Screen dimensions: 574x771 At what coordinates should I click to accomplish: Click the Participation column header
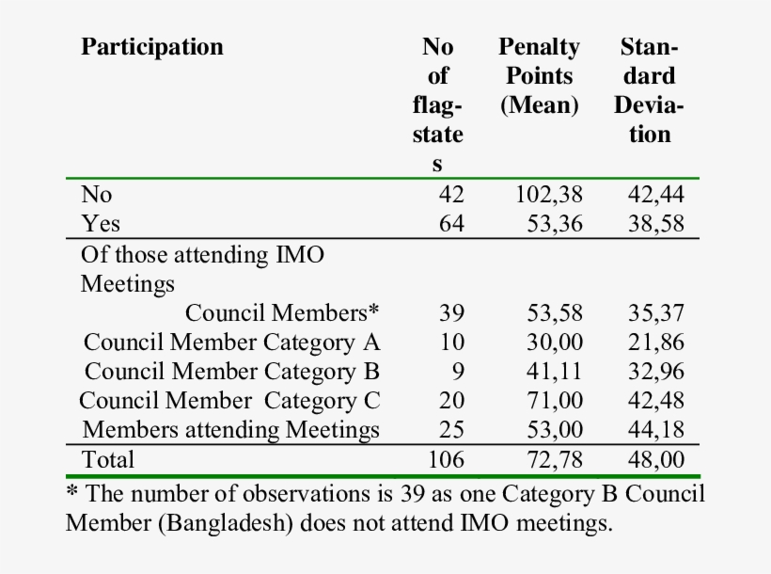click(152, 47)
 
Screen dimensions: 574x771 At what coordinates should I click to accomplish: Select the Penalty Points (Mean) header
click(540, 75)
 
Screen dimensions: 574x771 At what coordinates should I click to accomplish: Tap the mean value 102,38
click(549, 195)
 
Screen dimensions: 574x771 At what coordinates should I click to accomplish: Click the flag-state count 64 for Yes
click(451, 224)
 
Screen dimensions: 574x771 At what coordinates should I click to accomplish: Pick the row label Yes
click(101, 224)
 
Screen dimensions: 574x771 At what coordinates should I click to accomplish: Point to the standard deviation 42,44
click(655, 195)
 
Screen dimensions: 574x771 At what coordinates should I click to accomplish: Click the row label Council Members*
click(281, 313)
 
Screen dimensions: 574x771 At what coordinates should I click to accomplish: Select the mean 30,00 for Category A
click(554, 343)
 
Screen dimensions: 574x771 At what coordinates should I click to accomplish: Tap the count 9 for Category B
click(458, 372)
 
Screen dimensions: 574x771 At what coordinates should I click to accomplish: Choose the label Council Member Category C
click(229, 401)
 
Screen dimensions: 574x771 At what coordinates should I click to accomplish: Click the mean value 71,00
click(554, 401)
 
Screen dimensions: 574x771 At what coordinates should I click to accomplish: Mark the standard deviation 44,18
click(655, 430)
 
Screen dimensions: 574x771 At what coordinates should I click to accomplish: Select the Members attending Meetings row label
click(231, 430)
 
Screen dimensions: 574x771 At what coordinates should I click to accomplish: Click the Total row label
click(108, 460)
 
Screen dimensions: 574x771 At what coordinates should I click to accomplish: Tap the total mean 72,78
click(554, 460)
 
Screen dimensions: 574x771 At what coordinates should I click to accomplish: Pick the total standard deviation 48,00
click(655, 460)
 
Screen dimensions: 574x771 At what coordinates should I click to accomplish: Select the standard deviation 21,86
click(655, 343)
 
